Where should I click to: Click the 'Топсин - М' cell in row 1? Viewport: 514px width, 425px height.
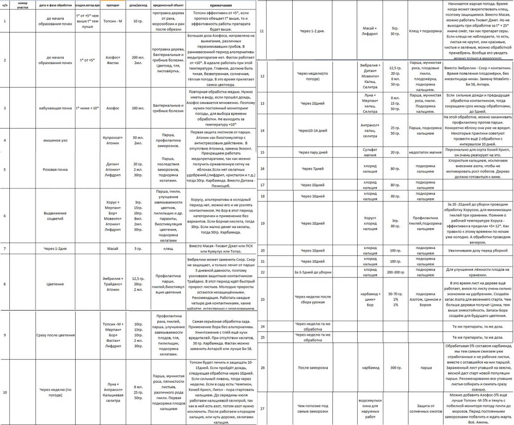coord(109,21)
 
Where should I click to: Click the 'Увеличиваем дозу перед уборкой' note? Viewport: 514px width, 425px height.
coord(478,251)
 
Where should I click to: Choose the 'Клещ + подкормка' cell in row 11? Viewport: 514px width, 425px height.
coord(425,31)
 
